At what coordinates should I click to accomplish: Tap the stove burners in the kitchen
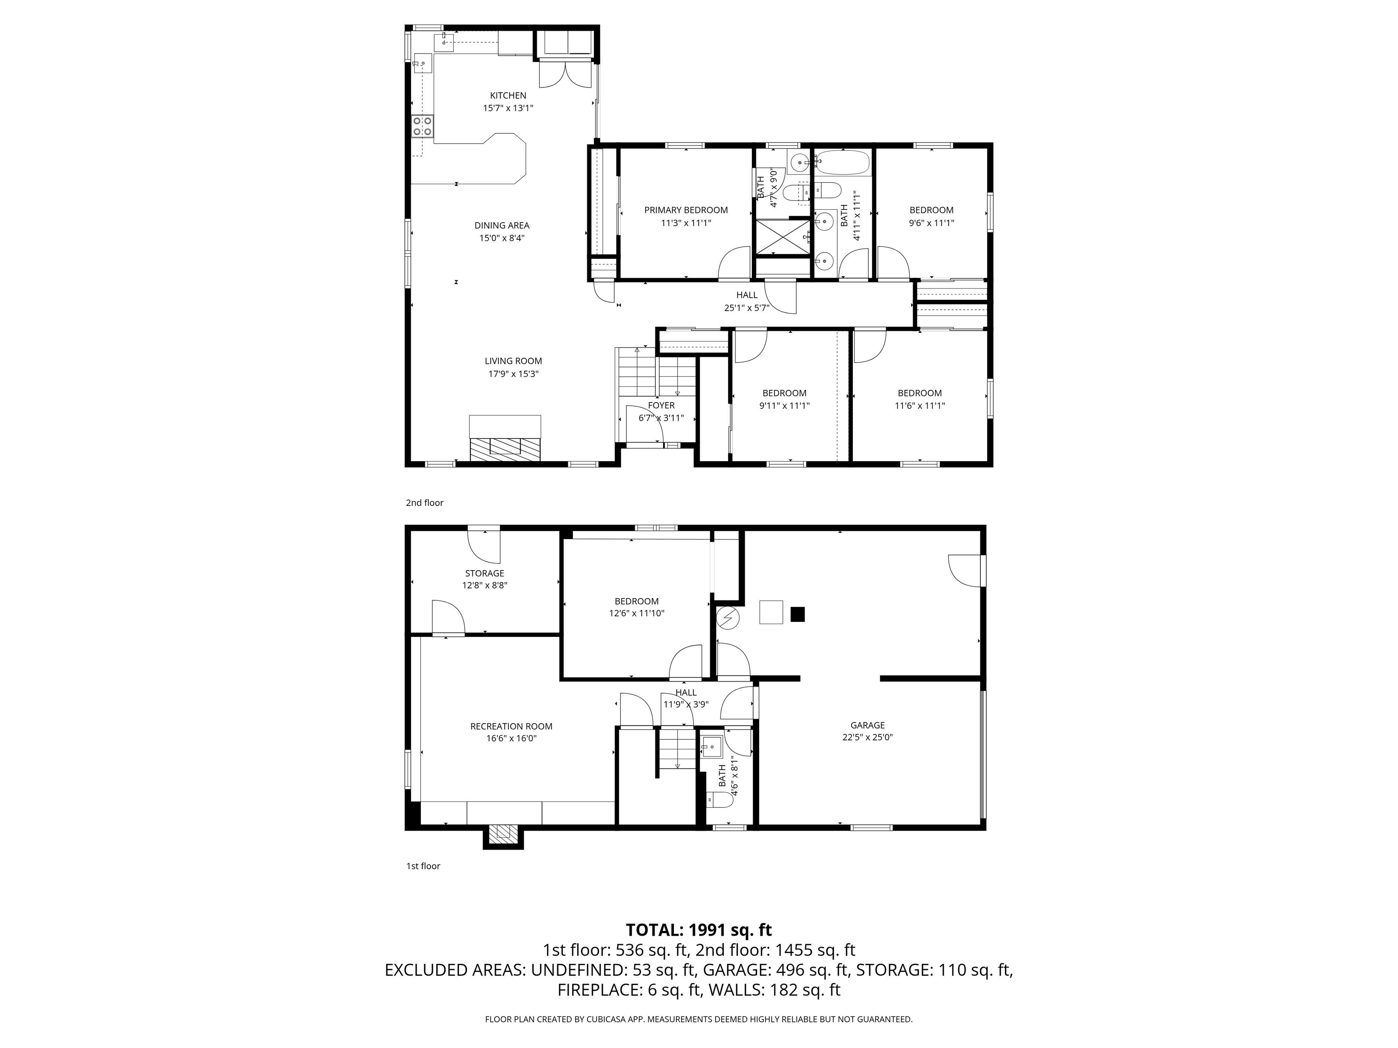(422, 126)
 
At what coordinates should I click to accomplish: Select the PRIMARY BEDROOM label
(686, 210)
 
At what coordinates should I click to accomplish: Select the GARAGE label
(867, 725)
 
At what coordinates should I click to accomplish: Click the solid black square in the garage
(798, 614)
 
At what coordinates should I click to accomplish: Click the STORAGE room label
(484, 574)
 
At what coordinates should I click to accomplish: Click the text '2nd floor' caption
(424, 503)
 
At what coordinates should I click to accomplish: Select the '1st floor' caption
(423, 866)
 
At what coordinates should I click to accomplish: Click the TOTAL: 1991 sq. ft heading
(699, 929)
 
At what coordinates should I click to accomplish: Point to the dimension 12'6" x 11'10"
(637, 613)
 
